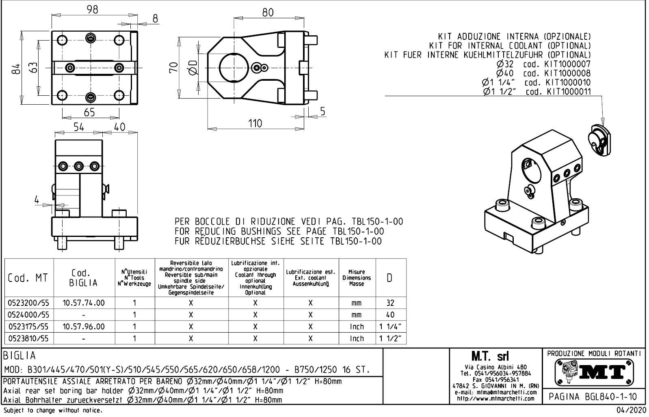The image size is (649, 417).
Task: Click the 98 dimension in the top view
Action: (x=93, y=10)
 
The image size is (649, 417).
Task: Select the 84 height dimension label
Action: (x=15, y=69)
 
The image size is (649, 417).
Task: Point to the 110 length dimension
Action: (x=255, y=123)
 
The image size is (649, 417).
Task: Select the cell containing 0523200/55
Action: (x=29, y=303)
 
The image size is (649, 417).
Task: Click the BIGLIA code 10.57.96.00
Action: (x=84, y=326)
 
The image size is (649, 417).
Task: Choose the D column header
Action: (x=390, y=278)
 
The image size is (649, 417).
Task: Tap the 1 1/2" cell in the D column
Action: (x=390, y=338)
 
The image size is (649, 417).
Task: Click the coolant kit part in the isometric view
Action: (x=598, y=139)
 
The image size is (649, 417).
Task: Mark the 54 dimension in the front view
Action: (x=78, y=127)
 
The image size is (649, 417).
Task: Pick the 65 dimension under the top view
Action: (x=90, y=112)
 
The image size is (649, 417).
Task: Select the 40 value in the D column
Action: (x=390, y=314)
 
